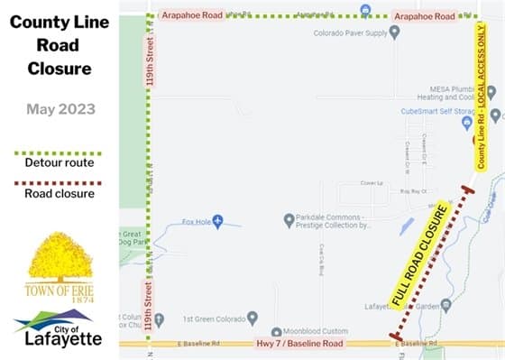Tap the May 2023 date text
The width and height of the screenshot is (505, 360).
click(60, 110)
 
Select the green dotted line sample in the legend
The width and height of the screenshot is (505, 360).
click(60, 152)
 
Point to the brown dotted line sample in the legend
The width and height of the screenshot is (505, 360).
click(60, 181)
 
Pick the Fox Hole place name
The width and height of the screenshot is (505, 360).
click(195, 221)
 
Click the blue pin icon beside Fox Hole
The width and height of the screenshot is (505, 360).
click(217, 221)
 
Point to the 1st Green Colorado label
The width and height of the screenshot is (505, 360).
click(209, 318)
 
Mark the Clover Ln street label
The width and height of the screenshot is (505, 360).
click(366, 181)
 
